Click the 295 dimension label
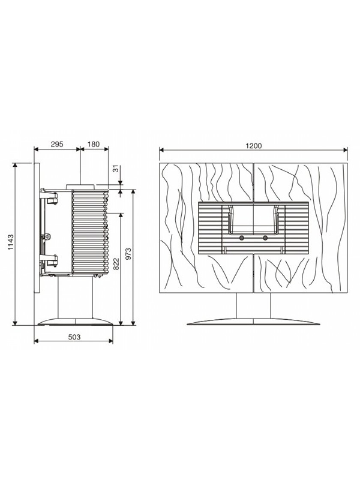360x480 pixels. (x=57, y=144)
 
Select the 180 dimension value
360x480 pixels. (x=94, y=144)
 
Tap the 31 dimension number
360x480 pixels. (x=115, y=169)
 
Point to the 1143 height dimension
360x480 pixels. (x=11, y=242)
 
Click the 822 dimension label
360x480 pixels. (x=116, y=264)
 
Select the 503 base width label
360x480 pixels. (x=74, y=337)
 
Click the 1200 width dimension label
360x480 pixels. (x=254, y=146)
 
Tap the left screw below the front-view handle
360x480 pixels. (x=242, y=238)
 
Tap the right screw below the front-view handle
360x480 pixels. (x=265, y=238)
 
